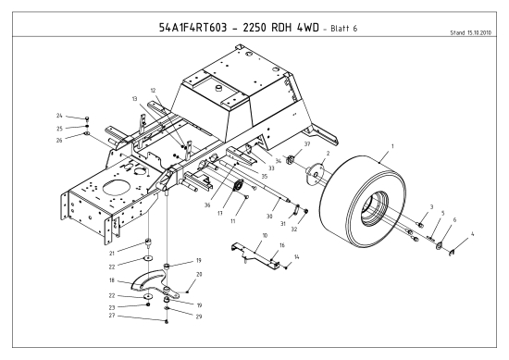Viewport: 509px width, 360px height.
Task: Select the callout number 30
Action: tap(269, 217)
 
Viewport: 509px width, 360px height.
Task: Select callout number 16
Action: tap(282, 245)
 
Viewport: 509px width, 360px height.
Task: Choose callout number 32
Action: tap(295, 229)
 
